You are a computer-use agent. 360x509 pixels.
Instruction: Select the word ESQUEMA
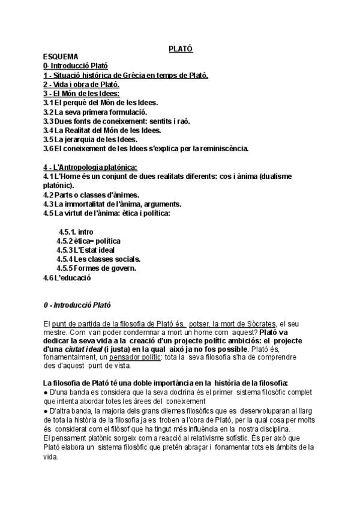click(61, 56)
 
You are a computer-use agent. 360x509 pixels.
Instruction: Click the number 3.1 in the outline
click(49, 103)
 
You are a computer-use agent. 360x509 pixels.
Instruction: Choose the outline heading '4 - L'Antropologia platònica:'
click(91, 166)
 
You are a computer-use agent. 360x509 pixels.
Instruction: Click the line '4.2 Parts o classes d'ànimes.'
click(91, 194)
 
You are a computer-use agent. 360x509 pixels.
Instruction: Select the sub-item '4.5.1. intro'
click(76, 232)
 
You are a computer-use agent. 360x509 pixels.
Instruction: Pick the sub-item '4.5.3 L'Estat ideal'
click(85, 250)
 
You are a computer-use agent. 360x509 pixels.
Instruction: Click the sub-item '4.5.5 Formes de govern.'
click(96, 268)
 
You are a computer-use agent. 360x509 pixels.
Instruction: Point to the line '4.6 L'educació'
click(68, 278)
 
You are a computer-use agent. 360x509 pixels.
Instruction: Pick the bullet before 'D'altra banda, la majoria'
click(46, 411)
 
